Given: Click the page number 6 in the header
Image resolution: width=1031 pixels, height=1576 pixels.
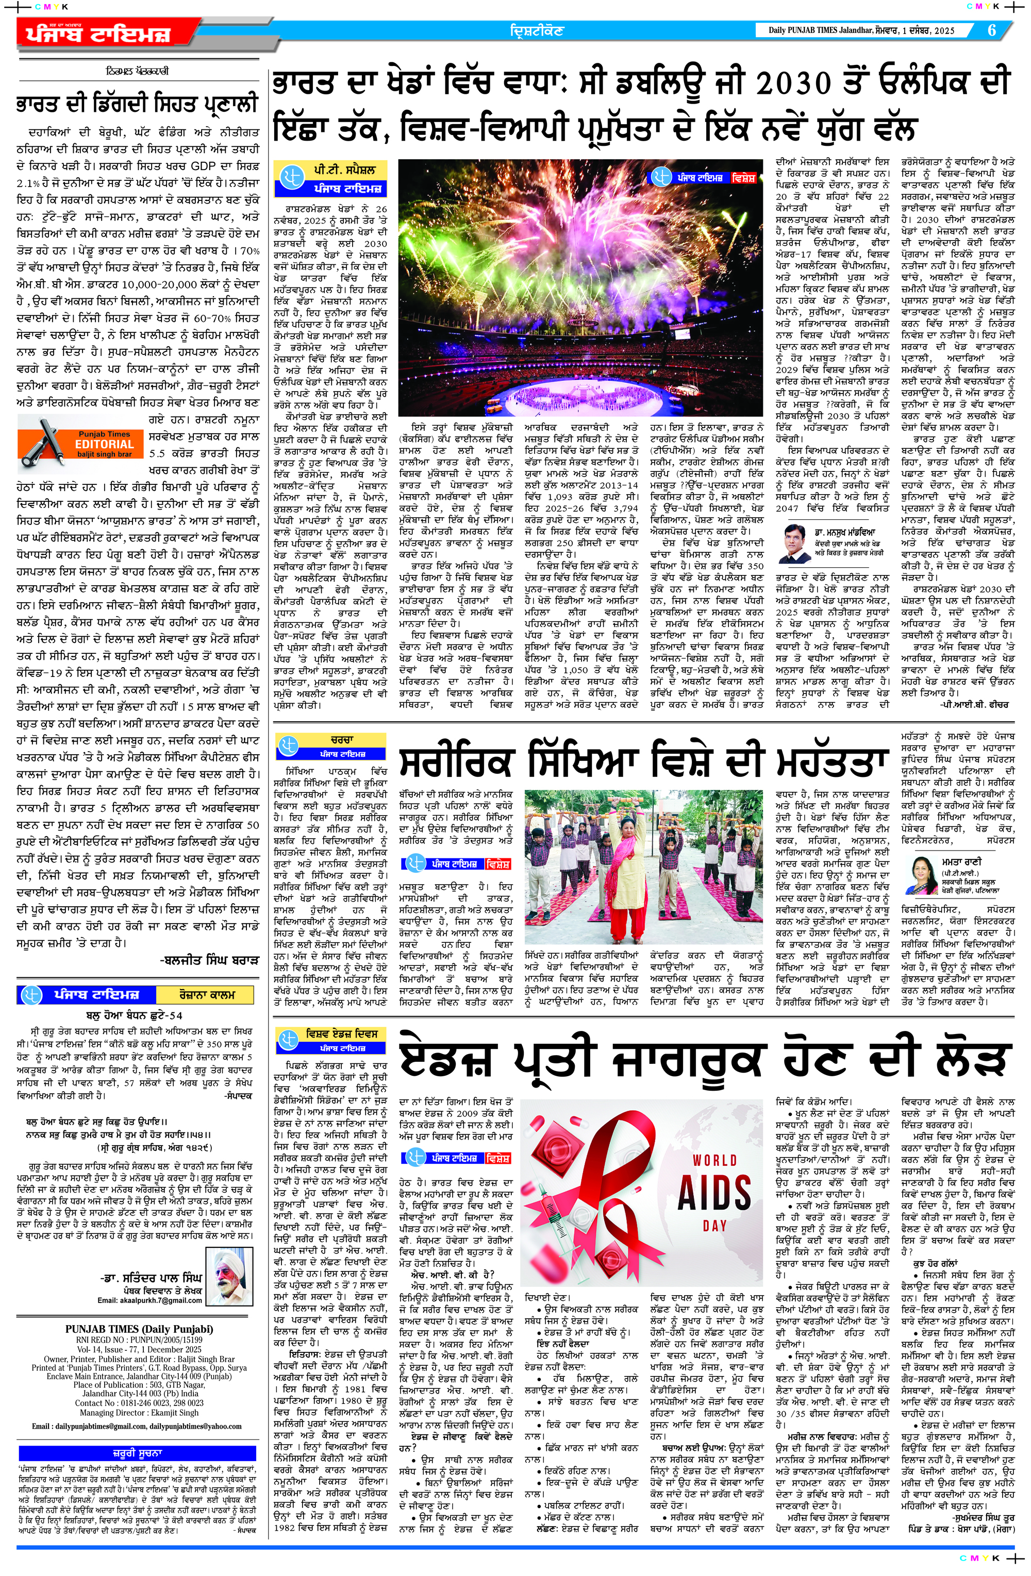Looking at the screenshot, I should (991, 30).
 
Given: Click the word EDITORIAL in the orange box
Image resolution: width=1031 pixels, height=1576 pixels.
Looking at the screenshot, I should (104, 444).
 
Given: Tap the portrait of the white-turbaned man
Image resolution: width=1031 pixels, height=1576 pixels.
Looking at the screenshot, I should (229, 1275).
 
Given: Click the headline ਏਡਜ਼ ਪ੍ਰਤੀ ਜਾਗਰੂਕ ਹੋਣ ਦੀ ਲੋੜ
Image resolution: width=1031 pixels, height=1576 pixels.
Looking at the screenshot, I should (705, 1061).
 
